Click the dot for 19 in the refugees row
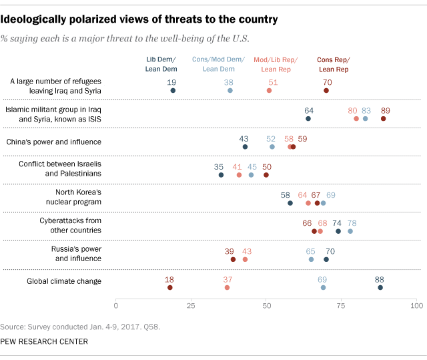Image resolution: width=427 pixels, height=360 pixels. coord(173,90)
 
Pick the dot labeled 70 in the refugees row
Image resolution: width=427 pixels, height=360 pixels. coord(326,90)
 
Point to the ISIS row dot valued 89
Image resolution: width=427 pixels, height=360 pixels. coord(383,118)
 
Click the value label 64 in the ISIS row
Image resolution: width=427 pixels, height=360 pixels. coord(308,109)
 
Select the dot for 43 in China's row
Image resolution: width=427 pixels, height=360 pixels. coord(245,146)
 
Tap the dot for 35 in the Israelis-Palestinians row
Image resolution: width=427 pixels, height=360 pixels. coord(221,175)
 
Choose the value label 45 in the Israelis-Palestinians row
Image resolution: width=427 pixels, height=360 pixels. coord(252,166)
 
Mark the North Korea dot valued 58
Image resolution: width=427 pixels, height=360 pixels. coord(290,203)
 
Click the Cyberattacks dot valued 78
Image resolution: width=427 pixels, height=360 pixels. coord(350,231)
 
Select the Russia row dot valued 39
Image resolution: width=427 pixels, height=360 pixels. coord(233,259)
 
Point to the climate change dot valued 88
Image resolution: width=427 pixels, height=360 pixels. coord(380,287)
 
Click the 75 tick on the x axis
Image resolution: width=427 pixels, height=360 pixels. coord(342,306)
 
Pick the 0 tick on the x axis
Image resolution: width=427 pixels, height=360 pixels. coord(116,306)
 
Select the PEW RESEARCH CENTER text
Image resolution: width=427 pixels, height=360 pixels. coord(44,341)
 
